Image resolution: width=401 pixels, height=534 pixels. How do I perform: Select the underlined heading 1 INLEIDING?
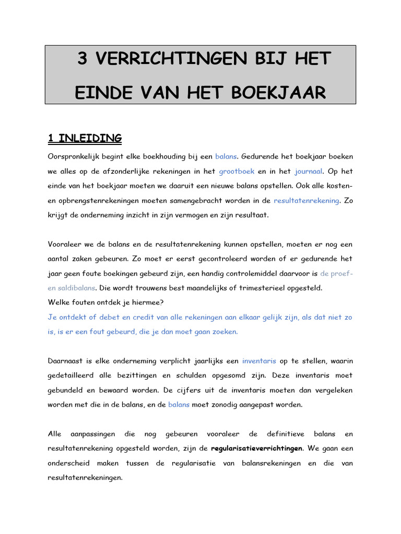[85, 138]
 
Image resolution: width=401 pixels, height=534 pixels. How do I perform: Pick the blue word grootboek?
[237, 171]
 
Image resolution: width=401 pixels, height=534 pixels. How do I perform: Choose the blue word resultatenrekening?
[306, 200]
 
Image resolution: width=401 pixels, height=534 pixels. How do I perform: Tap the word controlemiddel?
[243, 273]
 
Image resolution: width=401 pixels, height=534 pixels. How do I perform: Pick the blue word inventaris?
[260, 360]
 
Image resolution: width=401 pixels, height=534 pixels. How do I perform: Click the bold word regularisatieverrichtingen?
[256, 448]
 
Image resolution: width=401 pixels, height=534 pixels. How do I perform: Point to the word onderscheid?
[70, 463]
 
